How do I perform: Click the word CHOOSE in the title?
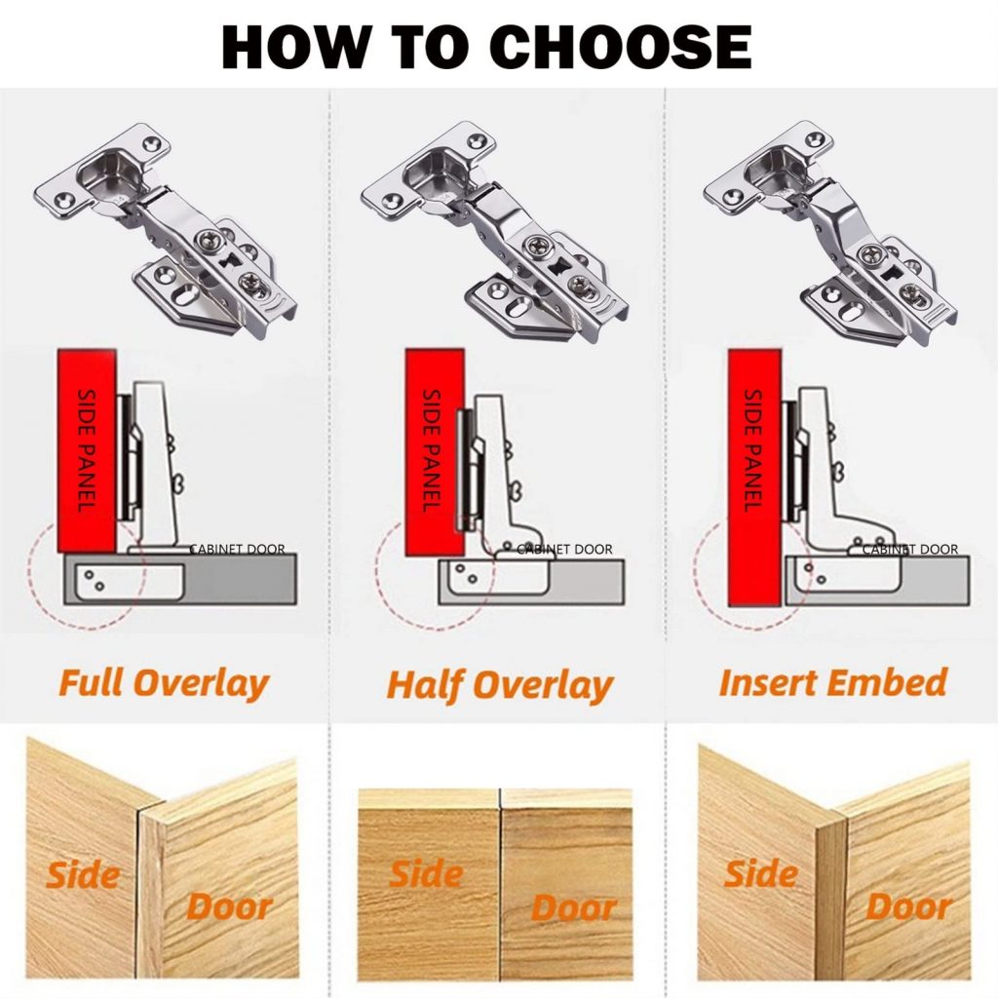tap(621, 47)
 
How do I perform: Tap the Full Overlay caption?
tap(164, 683)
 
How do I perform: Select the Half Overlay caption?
tap(500, 685)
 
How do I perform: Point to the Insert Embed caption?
tap(833, 682)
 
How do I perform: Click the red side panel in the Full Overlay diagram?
tap(87, 450)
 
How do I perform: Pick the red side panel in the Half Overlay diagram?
tap(435, 452)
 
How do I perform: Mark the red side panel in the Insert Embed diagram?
tap(755, 478)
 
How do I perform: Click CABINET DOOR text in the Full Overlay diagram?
tap(238, 549)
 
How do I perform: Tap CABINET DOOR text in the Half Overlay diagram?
tap(564, 549)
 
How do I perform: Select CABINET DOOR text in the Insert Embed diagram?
tap(910, 549)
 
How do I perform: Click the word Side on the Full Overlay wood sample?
tap(83, 875)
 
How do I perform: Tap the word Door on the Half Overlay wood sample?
tap(573, 907)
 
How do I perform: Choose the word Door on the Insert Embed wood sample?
tap(909, 906)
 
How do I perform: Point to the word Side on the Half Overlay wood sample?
tap(426, 874)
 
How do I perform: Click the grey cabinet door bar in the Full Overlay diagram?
tap(180, 579)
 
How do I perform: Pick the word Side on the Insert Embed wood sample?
tap(760, 873)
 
